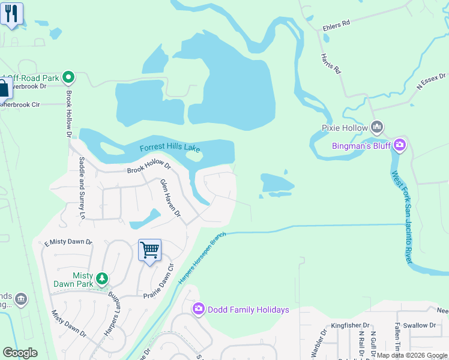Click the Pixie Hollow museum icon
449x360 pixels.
tap(377, 127)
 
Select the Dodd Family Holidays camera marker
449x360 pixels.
tap(198, 309)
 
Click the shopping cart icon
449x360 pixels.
tap(149, 250)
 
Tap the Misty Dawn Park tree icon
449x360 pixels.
tap(103, 278)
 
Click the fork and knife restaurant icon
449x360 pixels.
tap(11, 13)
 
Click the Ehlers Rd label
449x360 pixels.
tap(336, 25)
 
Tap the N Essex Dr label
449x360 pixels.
tap(432, 79)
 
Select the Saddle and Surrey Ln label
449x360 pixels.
tap(82, 187)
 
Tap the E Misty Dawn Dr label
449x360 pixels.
tap(68, 242)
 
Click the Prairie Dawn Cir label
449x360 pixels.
tap(158, 282)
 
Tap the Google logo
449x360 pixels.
tap(20, 353)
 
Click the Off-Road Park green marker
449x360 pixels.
tap(68, 77)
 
